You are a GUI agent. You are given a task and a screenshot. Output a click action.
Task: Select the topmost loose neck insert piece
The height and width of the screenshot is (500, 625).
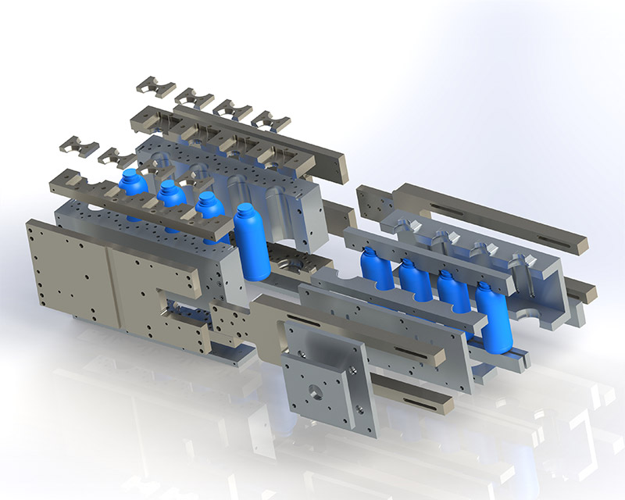[155, 86]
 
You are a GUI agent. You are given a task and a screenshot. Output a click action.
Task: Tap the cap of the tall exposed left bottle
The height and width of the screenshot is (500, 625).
[248, 210]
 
